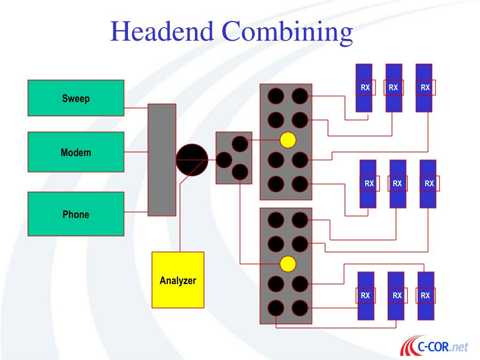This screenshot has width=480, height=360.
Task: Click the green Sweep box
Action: coord(76,98)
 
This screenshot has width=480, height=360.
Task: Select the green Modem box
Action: coord(76,152)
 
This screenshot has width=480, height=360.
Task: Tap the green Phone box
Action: coord(76,214)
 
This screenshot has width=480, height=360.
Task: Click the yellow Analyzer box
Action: coord(178,280)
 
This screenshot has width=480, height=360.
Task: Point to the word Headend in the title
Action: coord(162,32)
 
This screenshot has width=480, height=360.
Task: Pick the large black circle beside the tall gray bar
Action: coord(192,160)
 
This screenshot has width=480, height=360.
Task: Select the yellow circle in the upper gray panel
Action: coord(288,140)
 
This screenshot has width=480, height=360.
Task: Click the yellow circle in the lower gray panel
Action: coord(288,264)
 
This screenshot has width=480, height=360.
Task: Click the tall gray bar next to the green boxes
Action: coord(162,160)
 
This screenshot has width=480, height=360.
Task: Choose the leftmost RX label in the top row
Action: coord(365,87)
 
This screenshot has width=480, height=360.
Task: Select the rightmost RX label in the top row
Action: coord(425,87)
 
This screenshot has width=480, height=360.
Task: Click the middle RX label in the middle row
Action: coord(397,183)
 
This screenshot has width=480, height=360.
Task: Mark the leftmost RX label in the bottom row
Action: coord(366,295)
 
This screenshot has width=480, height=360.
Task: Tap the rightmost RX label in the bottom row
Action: coord(425,295)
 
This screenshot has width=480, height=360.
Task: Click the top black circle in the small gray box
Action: coord(240,144)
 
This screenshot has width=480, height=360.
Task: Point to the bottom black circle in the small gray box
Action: coord(240,172)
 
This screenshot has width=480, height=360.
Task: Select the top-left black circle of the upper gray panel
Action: coord(276,96)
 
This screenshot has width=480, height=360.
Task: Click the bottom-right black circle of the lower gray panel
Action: coord(300,308)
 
